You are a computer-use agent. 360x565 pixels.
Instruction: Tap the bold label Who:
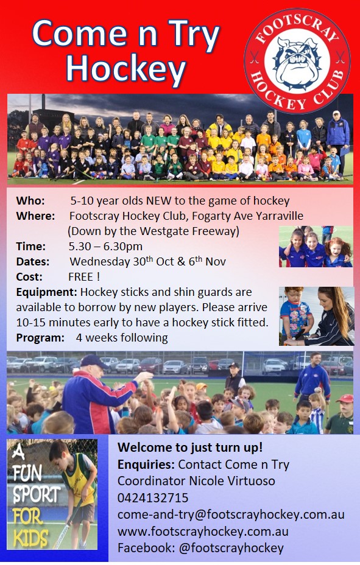click(x=30, y=200)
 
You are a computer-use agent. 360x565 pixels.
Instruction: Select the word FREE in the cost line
click(x=81, y=277)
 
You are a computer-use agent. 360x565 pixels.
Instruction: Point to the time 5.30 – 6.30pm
click(x=105, y=247)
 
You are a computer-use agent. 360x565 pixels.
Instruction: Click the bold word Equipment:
click(x=46, y=292)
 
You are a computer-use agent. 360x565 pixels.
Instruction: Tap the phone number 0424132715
click(x=153, y=498)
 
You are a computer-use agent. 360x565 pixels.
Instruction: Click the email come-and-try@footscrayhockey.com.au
click(x=231, y=514)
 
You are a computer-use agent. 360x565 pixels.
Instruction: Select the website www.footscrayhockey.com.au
click(x=203, y=532)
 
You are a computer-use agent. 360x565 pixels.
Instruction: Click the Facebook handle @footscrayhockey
click(x=231, y=548)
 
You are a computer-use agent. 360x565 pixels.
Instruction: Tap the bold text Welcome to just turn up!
click(x=190, y=447)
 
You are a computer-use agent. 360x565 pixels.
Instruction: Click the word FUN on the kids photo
click(x=27, y=472)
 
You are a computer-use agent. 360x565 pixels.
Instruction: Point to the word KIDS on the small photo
click(x=30, y=538)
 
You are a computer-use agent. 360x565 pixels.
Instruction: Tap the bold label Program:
click(x=40, y=338)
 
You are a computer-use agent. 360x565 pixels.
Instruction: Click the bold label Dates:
click(x=33, y=262)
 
